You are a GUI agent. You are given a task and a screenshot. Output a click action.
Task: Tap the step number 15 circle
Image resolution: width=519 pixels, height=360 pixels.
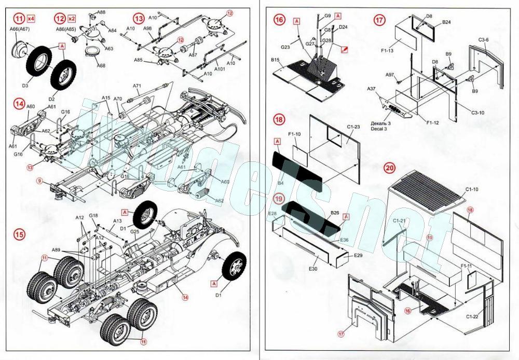click(x=19, y=233)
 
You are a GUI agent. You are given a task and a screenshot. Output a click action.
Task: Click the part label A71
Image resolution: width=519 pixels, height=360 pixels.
click(x=137, y=86)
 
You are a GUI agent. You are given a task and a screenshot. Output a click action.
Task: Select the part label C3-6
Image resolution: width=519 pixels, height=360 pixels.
click(x=485, y=40)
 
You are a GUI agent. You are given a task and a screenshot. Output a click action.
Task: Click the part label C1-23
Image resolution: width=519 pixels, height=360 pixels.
click(x=354, y=127)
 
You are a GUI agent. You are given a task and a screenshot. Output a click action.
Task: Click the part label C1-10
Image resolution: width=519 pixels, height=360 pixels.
click(x=471, y=190)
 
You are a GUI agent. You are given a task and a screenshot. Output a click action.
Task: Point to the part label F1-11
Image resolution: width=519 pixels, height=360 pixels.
click(x=467, y=266)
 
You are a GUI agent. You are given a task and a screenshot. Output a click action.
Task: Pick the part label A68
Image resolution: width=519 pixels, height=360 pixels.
click(x=101, y=65)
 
